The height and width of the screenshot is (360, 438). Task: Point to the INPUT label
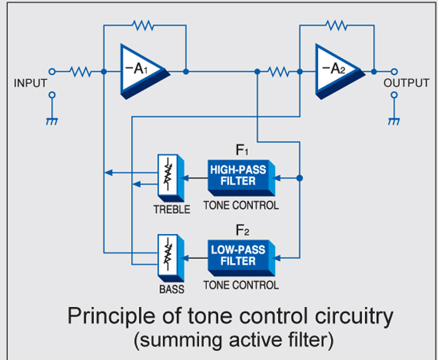tap(31, 83)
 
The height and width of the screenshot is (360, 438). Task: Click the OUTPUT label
tap(406, 83)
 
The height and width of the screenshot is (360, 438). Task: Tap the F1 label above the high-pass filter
tap(241, 150)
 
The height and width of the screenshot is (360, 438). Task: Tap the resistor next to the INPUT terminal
tap(80, 71)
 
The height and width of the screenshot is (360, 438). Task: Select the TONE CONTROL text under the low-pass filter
tap(241, 285)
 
